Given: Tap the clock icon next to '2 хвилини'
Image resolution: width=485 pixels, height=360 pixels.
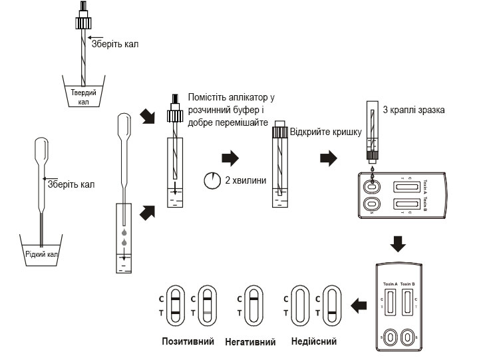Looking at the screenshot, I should click(x=212, y=180).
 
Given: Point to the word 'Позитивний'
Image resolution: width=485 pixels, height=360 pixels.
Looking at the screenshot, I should click(x=188, y=342).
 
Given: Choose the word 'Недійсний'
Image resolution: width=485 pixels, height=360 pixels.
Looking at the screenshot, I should click(x=314, y=342).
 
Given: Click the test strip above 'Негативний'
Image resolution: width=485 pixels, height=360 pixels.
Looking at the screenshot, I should click(x=252, y=306).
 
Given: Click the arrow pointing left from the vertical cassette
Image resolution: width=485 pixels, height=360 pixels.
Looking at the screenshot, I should click(x=359, y=306).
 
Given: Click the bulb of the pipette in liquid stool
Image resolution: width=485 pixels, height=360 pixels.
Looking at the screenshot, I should click(x=41, y=147).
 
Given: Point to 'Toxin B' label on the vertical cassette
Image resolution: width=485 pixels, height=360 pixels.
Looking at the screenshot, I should click(x=408, y=283).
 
